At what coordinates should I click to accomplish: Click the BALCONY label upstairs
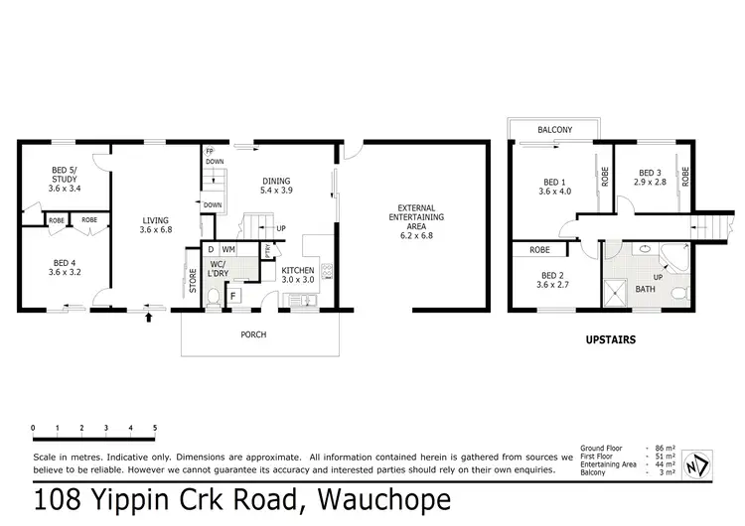pyautogui.click(x=554, y=130)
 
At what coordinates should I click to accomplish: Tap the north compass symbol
pyautogui.click(x=697, y=464)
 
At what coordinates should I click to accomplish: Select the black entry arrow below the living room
pyautogui.click(x=149, y=318)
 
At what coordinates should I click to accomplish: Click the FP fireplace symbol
pyautogui.click(x=209, y=152)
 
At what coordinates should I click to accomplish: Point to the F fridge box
pyautogui.click(x=233, y=296)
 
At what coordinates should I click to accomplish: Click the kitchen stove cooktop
pyautogui.click(x=327, y=272)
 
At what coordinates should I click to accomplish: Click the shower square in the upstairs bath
pyautogui.click(x=615, y=294)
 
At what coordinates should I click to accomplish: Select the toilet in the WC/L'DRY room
pyautogui.click(x=214, y=298)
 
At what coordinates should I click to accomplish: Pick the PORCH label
pyautogui.click(x=253, y=334)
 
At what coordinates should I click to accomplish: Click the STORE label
pyautogui.click(x=193, y=281)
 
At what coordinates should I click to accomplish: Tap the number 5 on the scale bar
pyautogui.click(x=155, y=428)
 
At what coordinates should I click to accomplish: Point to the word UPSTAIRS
pyautogui.click(x=611, y=339)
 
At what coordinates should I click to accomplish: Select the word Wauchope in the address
pyautogui.click(x=383, y=500)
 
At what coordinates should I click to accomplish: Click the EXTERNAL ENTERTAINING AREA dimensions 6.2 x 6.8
pyautogui.click(x=416, y=235)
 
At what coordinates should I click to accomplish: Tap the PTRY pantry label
pyautogui.click(x=267, y=250)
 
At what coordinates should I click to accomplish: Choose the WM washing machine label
pyautogui.click(x=228, y=249)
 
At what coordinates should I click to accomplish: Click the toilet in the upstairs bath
pyautogui.click(x=680, y=293)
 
